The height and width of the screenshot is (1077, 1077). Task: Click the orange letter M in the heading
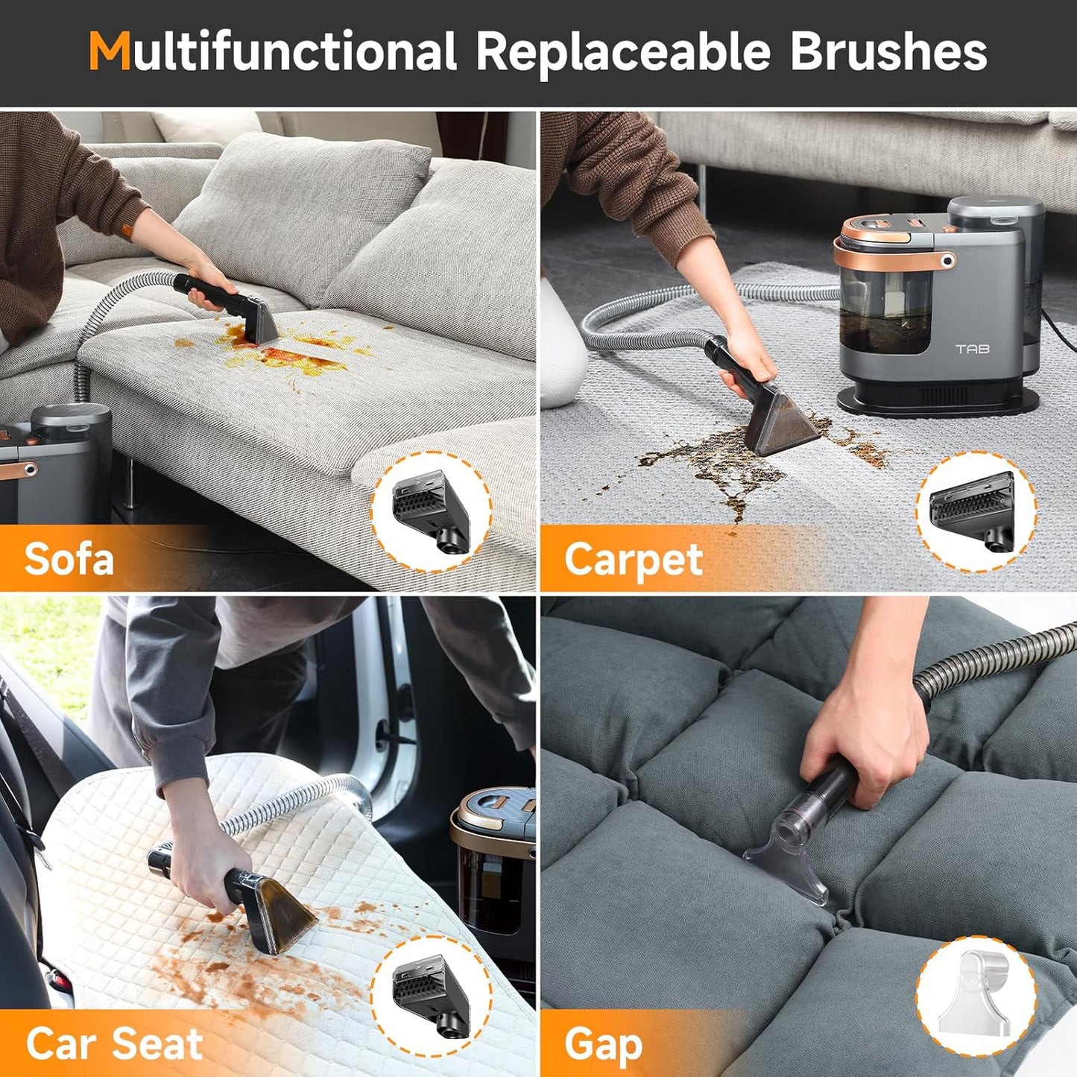pos(109,51)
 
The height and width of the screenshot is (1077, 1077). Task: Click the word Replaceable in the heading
pos(622,53)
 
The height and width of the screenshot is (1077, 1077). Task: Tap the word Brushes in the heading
pos(888,51)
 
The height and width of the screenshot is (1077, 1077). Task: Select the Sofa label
pos(69,559)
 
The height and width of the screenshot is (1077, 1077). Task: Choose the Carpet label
pos(633,560)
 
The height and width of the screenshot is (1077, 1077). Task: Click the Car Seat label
pos(114,1043)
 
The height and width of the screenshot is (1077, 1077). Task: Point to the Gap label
pos(603,1044)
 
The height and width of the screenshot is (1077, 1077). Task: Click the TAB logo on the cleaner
pos(972,349)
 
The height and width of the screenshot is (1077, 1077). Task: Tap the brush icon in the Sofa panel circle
pos(431,512)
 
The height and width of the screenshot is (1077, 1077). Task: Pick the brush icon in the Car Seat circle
pos(431,995)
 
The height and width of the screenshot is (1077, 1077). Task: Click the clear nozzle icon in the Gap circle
pos(975,995)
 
